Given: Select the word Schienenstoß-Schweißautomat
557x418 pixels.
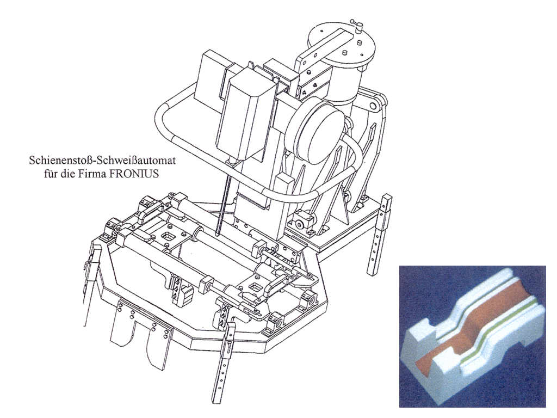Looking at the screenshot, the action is pos(102,161).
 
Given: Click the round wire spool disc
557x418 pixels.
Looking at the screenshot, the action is pos(315,132).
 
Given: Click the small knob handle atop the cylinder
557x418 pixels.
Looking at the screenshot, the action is pos(357,25).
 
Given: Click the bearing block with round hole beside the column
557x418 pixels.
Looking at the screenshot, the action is pos(301,224).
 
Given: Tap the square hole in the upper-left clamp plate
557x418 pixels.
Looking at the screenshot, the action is pos(166,236).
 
